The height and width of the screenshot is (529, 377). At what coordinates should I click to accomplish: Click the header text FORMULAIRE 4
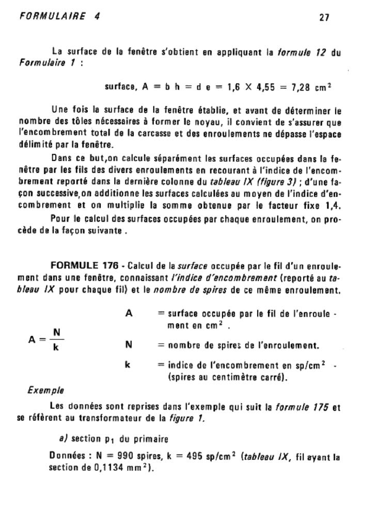click(59, 15)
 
